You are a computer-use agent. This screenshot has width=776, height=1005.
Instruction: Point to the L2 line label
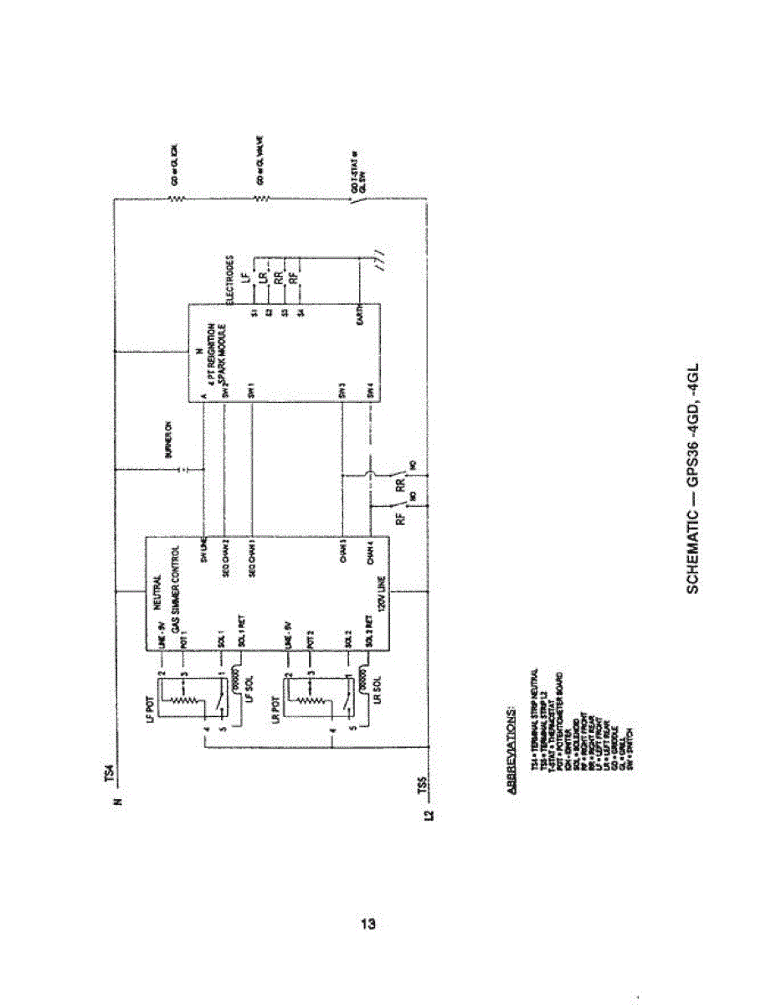(429, 816)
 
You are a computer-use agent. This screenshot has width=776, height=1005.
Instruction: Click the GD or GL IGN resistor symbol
(174, 198)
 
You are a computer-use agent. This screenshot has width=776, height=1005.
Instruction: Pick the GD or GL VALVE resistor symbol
(260, 198)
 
